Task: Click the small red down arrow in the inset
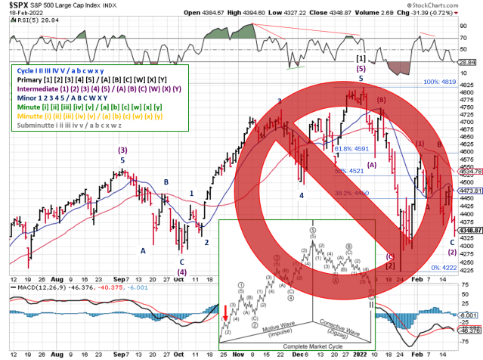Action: (225, 312)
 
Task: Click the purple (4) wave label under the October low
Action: (181, 272)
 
